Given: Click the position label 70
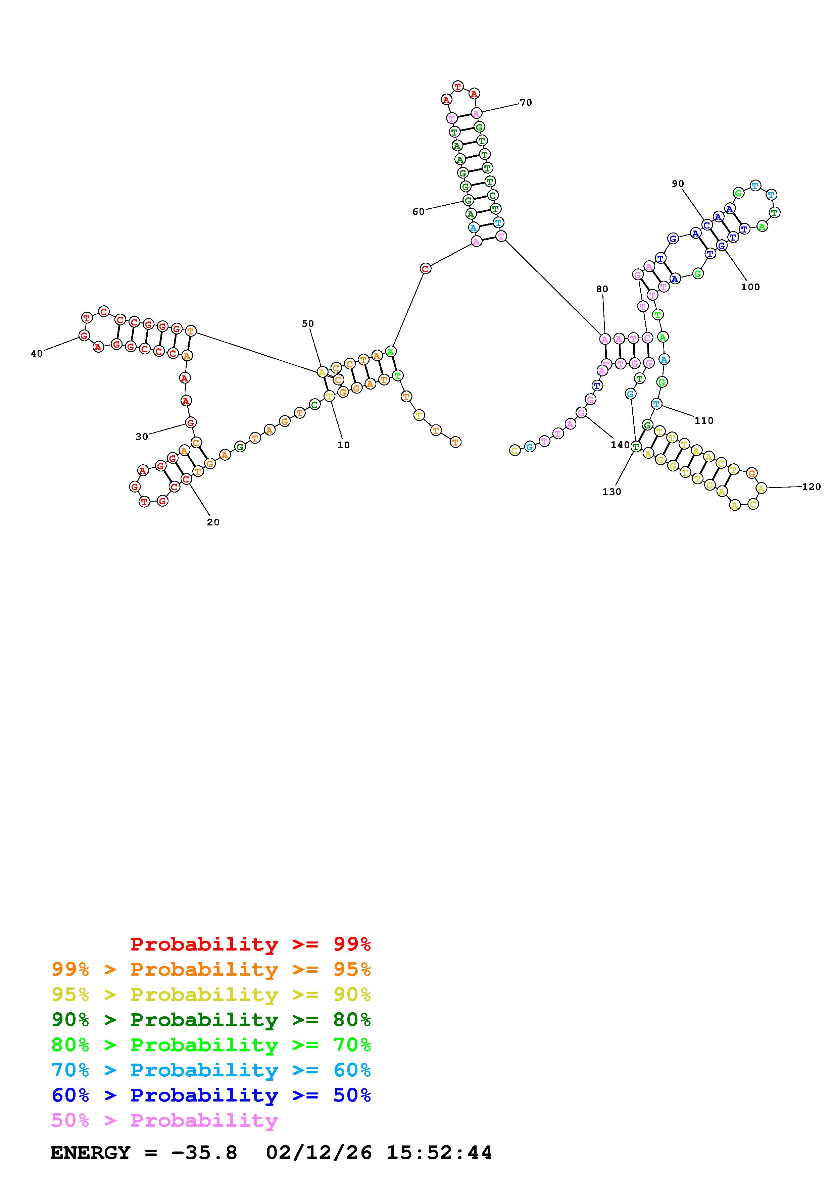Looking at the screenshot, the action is (526, 103).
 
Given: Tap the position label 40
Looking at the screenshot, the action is (37, 353).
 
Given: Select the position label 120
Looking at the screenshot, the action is (811, 487).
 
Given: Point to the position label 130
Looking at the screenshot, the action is (611, 492).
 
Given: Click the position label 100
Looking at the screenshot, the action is (750, 287).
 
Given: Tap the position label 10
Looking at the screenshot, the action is (343, 445).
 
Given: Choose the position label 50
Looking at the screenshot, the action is (307, 323).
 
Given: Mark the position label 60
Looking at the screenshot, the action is (418, 211).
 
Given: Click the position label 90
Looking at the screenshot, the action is (678, 184).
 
